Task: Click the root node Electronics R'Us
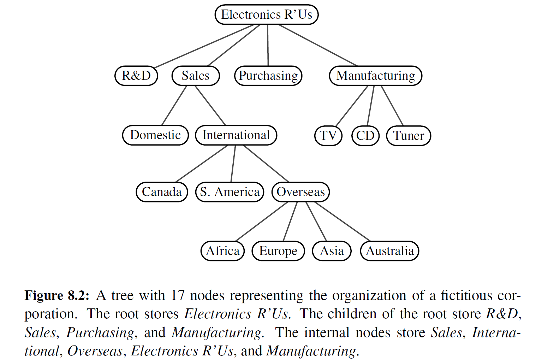(x=267, y=14)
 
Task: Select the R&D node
(x=136, y=76)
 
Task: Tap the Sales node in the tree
(x=196, y=76)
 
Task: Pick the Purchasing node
(x=268, y=76)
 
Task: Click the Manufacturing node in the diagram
(x=375, y=76)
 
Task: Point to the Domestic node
(x=155, y=135)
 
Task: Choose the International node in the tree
(x=236, y=135)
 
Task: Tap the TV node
(x=328, y=136)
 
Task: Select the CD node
(x=365, y=136)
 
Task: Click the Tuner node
(x=409, y=136)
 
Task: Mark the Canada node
(x=162, y=192)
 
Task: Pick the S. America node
(x=230, y=192)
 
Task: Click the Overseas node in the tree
(x=300, y=192)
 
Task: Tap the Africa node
(x=222, y=251)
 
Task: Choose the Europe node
(x=278, y=251)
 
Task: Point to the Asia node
(x=332, y=251)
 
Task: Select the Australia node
(x=389, y=251)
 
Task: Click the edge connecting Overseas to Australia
(x=343, y=222)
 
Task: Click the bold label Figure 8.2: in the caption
(x=57, y=295)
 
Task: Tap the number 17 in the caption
(x=178, y=295)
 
